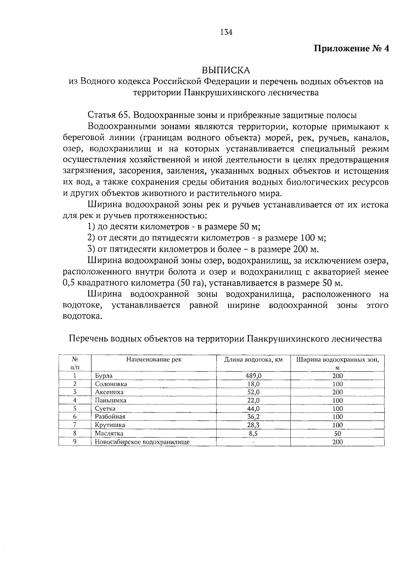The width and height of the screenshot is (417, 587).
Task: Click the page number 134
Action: pyautogui.click(x=226, y=32)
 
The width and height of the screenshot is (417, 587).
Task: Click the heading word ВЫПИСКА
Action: pyautogui.click(x=226, y=70)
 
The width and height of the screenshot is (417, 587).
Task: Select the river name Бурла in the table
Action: pyautogui.click(x=104, y=376)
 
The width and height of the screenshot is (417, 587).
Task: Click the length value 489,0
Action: pyautogui.click(x=253, y=376)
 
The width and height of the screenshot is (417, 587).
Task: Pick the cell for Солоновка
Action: pyautogui.click(x=111, y=384)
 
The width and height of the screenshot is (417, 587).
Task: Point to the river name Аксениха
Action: pyautogui.click(x=109, y=392)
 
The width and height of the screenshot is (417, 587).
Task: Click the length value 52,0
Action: pyautogui.click(x=253, y=392)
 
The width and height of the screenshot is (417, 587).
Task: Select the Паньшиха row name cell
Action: pyautogui.click(x=111, y=400)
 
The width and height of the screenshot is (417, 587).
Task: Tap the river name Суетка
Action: pyautogui.click(x=105, y=409)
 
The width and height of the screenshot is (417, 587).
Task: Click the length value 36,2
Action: pyautogui.click(x=253, y=417)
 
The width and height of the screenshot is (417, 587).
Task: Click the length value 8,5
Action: pyautogui.click(x=253, y=433)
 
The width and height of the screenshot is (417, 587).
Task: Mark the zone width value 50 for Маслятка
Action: pyautogui.click(x=337, y=433)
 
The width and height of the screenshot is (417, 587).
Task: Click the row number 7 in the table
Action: pyautogui.click(x=75, y=425)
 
